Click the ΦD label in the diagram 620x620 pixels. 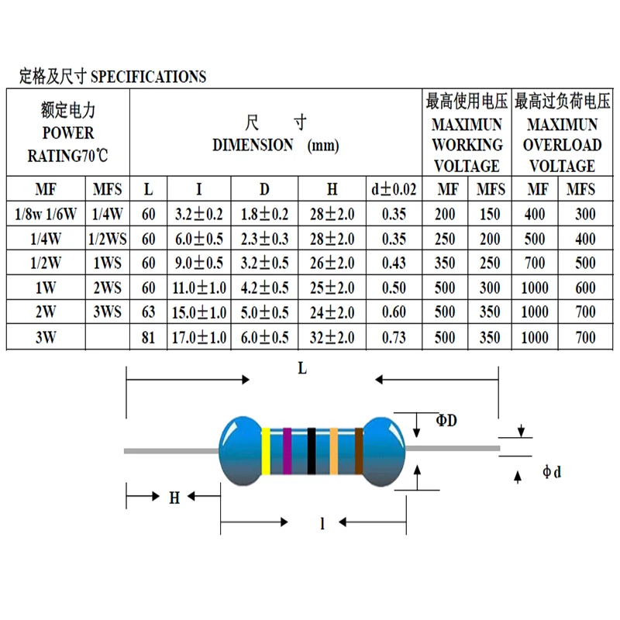(x=446, y=421)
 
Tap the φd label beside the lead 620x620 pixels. (x=551, y=471)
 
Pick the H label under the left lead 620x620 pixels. (x=174, y=498)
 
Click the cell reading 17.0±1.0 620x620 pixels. (x=199, y=338)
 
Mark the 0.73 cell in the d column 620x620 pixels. (x=394, y=338)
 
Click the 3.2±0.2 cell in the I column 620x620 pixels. (x=199, y=214)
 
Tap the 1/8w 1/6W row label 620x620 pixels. (x=46, y=214)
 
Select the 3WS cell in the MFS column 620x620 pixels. (x=107, y=313)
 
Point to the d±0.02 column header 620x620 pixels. (x=394, y=189)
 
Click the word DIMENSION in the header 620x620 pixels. (x=253, y=145)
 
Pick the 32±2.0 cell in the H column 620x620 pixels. (x=332, y=338)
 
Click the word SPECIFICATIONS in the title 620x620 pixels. (x=149, y=77)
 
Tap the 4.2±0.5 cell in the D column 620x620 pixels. (x=264, y=288)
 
